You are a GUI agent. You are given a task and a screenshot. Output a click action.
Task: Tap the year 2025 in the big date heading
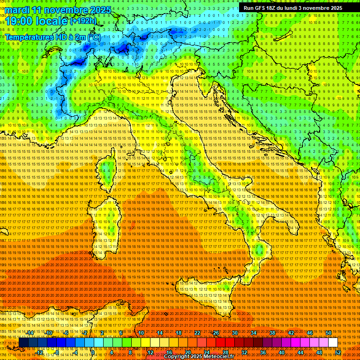pos(99,10)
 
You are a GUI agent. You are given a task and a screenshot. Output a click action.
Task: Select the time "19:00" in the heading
pos(21,21)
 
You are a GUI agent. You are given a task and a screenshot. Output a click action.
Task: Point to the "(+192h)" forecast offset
pos(84,21)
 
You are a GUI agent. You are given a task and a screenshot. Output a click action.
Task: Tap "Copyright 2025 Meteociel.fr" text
pos(202,357)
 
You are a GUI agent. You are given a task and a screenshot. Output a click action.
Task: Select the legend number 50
pos(328,333)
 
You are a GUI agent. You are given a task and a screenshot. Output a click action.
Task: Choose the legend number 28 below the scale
pos(225,352)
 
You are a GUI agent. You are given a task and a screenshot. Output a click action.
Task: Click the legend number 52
pos(338,352)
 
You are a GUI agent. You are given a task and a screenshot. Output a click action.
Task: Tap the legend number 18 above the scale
pos(178,333)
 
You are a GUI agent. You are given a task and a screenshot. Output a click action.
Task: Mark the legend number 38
pos(272,333)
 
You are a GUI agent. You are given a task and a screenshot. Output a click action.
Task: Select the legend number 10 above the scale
pos(141,333)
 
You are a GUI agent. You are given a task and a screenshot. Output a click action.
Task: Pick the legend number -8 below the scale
pos(57,352)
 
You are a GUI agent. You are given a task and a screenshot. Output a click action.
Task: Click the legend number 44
pos(300,352)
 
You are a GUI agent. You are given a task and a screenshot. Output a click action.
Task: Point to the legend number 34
pos(253,333)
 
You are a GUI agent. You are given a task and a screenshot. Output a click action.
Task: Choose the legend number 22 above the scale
pos(197,333)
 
